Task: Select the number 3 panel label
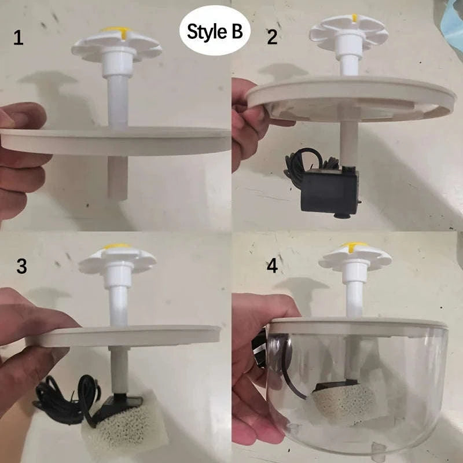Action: pos(21,267)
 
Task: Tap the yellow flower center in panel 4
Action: pos(353,247)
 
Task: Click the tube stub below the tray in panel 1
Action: pos(118,177)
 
